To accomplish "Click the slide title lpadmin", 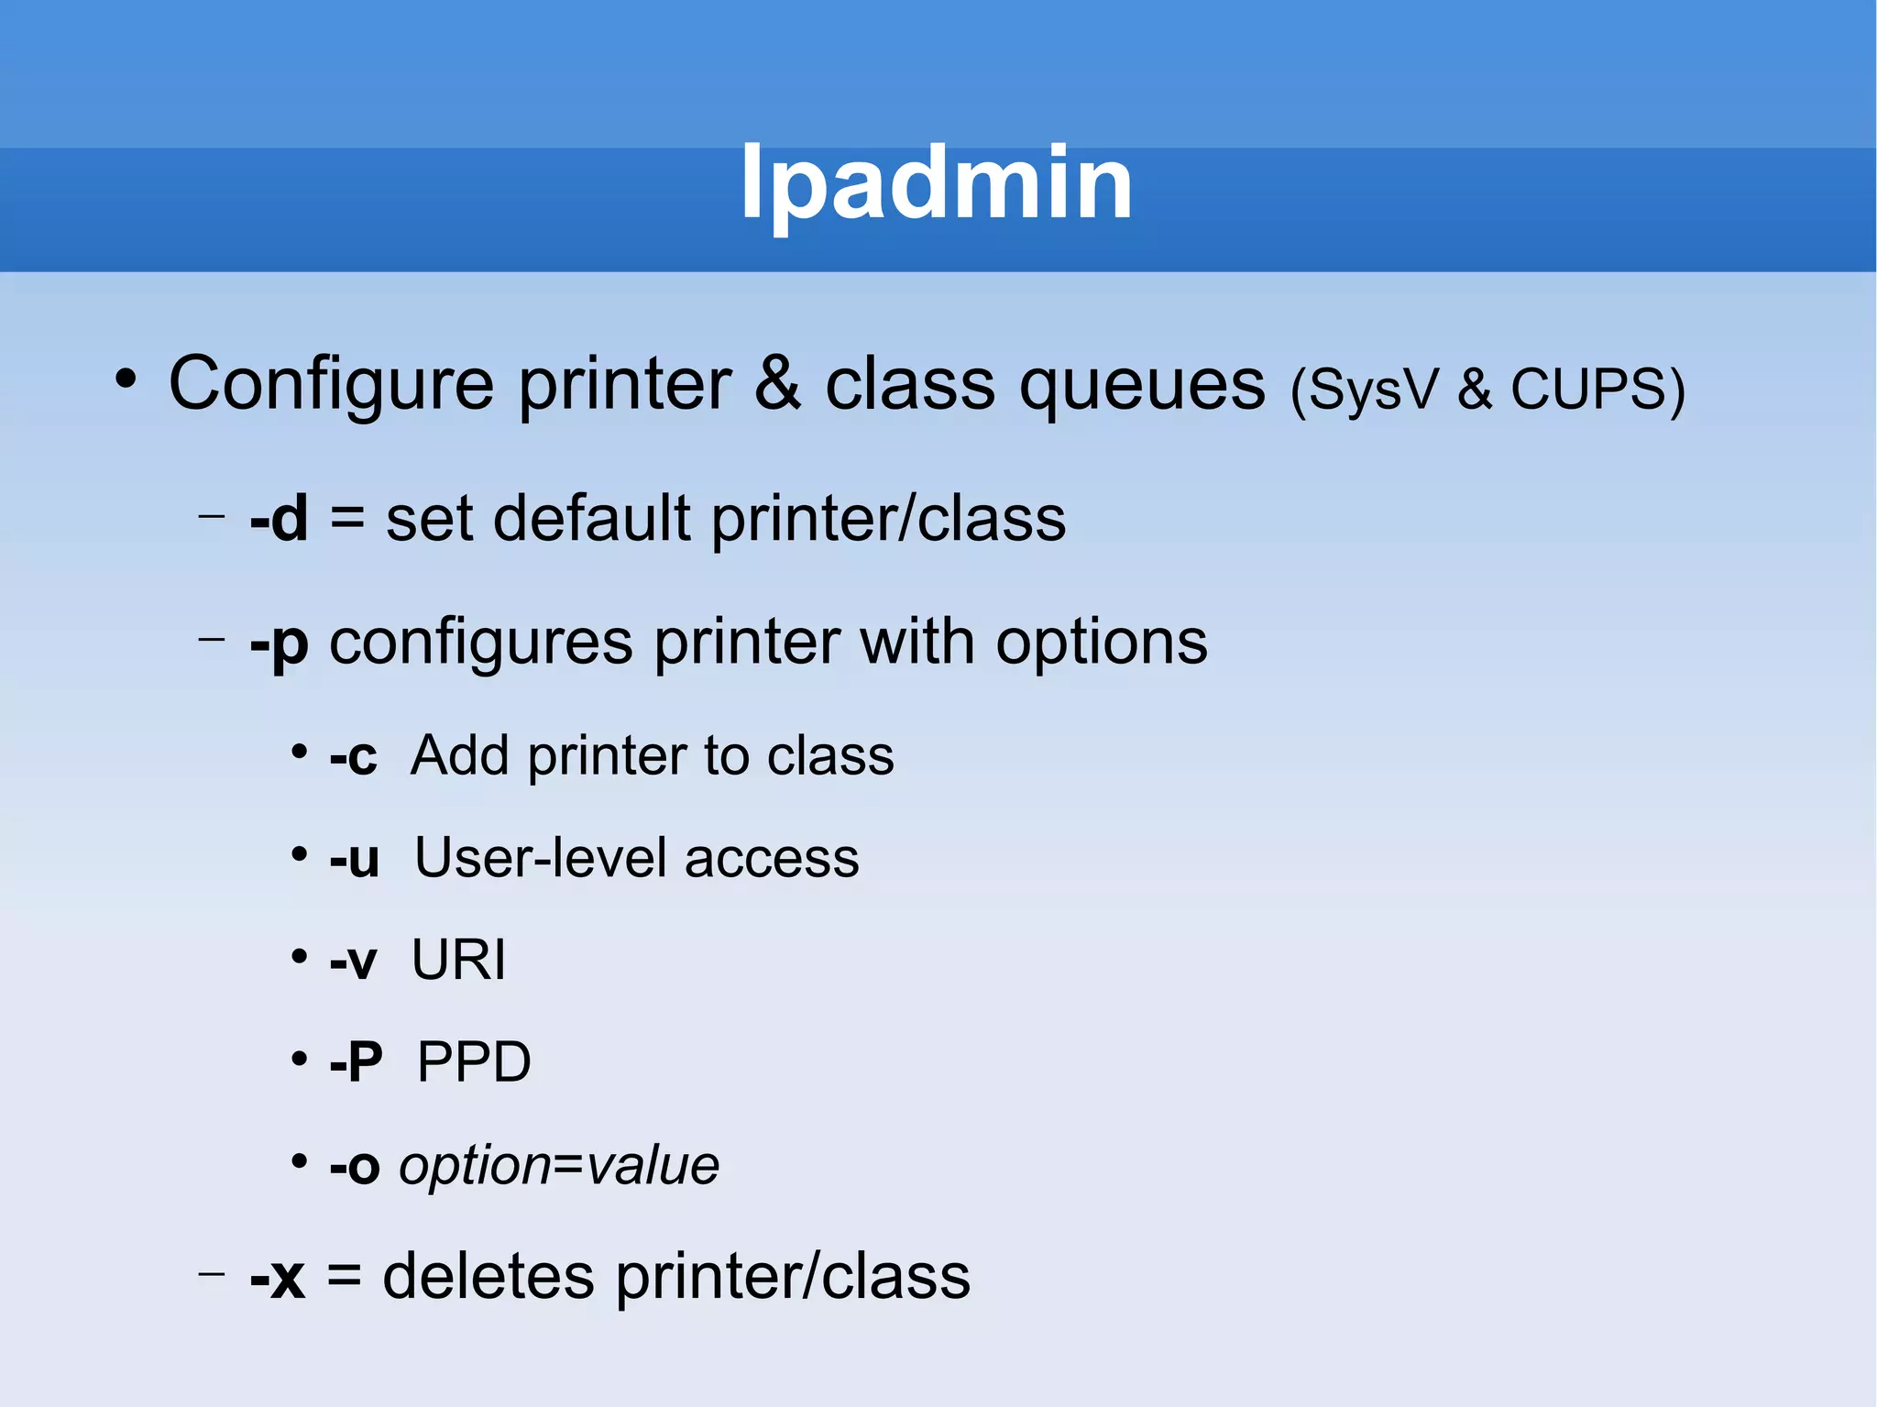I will pos(937,183).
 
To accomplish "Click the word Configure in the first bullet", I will pos(331,383).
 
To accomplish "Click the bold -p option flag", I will pos(279,643).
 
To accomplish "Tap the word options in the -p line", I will pos(1102,643).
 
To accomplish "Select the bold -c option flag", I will pos(353,757).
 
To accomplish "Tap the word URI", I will pos(458,961).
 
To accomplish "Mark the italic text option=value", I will pos(559,1166).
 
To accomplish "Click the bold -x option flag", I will pos(277,1277).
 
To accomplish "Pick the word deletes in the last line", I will pos(488,1277).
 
